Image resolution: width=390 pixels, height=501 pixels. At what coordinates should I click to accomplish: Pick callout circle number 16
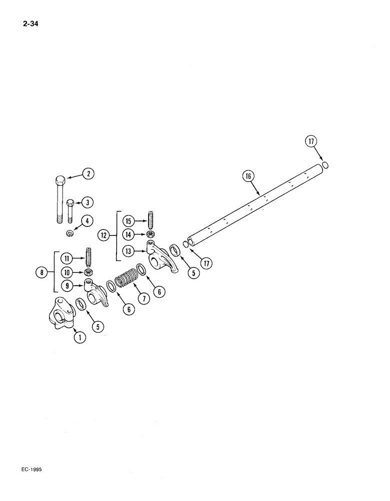point(248,176)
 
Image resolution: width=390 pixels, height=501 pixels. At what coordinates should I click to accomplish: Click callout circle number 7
point(143,299)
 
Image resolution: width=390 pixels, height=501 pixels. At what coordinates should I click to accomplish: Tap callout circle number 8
point(42,273)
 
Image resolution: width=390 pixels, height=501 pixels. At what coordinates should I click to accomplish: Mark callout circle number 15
point(128,221)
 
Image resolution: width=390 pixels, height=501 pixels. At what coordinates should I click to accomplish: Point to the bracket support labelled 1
point(61,316)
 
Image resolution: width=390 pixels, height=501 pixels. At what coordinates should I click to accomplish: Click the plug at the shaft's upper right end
point(325,165)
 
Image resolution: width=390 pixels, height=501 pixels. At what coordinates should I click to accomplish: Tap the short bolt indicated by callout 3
point(70,212)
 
